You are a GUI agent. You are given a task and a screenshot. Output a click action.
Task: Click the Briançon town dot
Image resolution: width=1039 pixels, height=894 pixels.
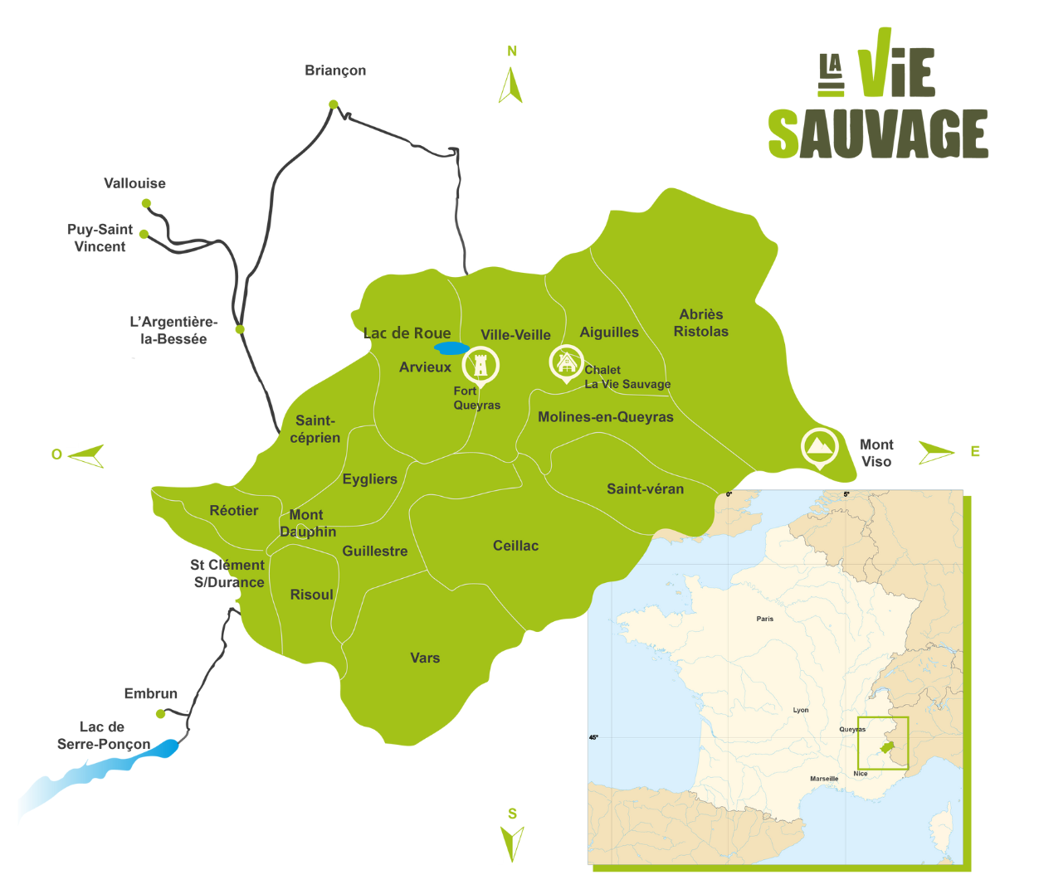[x=333, y=104]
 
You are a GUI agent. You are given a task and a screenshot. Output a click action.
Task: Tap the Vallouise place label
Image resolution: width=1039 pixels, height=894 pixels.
[x=134, y=183]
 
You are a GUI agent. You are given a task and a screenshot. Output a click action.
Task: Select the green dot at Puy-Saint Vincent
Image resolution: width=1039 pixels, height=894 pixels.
[x=144, y=234]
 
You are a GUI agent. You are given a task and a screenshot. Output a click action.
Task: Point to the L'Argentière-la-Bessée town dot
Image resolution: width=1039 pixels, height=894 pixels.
[x=240, y=329]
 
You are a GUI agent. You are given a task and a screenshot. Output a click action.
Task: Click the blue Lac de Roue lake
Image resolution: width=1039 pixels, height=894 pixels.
[x=452, y=348]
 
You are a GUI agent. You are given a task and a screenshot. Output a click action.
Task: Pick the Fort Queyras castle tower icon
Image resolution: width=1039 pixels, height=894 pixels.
[x=480, y=364]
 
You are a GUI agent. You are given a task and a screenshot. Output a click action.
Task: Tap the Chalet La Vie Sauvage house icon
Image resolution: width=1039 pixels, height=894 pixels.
[x=566, y=362]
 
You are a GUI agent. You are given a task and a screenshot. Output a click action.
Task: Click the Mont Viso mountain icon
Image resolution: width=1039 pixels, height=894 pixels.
[x=820, y=446]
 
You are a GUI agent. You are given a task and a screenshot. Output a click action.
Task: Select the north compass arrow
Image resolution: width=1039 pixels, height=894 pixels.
[x=510, y=85]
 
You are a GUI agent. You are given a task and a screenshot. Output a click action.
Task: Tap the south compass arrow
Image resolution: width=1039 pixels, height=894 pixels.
[x=512, y=843]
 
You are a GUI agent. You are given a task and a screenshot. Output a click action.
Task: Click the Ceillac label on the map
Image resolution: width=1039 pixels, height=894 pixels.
[x=515, y=546]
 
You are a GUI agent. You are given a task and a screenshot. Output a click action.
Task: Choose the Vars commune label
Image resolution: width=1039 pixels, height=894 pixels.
[x=425, y=658]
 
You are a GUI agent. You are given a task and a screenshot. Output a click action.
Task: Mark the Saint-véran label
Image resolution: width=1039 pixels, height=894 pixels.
[x=645, y=489]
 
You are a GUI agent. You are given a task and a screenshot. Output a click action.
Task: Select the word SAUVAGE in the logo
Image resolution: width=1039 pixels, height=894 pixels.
[x=877, y=134]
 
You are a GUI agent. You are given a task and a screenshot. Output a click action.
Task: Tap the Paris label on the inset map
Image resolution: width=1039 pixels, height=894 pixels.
[x=765, y=619]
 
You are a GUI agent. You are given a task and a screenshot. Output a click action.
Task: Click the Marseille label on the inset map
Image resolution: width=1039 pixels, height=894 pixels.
[x=824, y=779]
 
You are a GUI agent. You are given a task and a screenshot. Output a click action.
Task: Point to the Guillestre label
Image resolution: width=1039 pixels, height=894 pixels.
[x=375, y=551]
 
